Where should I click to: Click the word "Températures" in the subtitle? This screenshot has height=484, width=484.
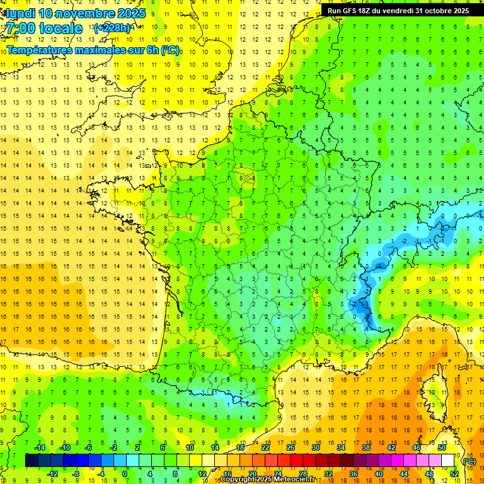pos(39,50)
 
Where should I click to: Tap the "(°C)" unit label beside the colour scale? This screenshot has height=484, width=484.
pos(468,461)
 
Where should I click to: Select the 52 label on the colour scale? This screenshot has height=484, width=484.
pos(454,474)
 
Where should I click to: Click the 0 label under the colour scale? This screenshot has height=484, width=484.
pos(125,474)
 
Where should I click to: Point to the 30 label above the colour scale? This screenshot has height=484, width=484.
pos(315,447)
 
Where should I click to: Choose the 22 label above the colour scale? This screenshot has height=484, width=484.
pos(265,447)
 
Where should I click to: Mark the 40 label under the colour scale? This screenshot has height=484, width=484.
pos(378,474)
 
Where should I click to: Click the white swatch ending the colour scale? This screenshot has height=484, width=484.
pos(448,461)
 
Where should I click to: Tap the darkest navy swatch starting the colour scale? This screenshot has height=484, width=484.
pos(32,461)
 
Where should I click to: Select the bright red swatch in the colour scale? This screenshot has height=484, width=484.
pos(297,461)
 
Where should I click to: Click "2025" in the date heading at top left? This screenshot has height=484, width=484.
pos(131,13)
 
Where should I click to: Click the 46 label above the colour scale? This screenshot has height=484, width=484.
pos(417,447)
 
